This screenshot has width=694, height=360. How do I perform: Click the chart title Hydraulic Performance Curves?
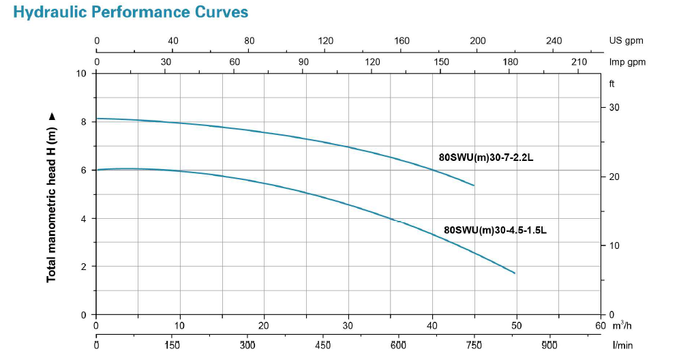(x=131, y=12)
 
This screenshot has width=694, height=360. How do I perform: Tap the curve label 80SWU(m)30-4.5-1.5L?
(x=495, y=230)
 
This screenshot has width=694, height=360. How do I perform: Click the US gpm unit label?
(x=626, y=41)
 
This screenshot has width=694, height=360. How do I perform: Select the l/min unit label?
(x=622, y=346)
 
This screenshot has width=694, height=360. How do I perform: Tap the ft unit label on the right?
(x=612, y=85)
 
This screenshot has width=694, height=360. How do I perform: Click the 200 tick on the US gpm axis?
(x=478, y=41)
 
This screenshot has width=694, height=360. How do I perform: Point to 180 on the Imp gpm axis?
(x=510, y=62)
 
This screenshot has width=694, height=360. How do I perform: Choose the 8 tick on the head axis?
(x=85, y=122)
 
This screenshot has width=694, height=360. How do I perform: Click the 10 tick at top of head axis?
(x=82, y=74)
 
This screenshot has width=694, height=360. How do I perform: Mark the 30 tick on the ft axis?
(x=614, y=108)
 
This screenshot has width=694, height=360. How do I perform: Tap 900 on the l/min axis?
(x=549, y=346)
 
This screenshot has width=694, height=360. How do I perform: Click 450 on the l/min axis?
(x=323, y=346)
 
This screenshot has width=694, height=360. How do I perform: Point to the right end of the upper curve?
(x=474, y=185)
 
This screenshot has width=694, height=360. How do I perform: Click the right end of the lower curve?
(x=515, y=273)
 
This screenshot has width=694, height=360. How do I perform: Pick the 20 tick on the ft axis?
(x=614, y=177)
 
